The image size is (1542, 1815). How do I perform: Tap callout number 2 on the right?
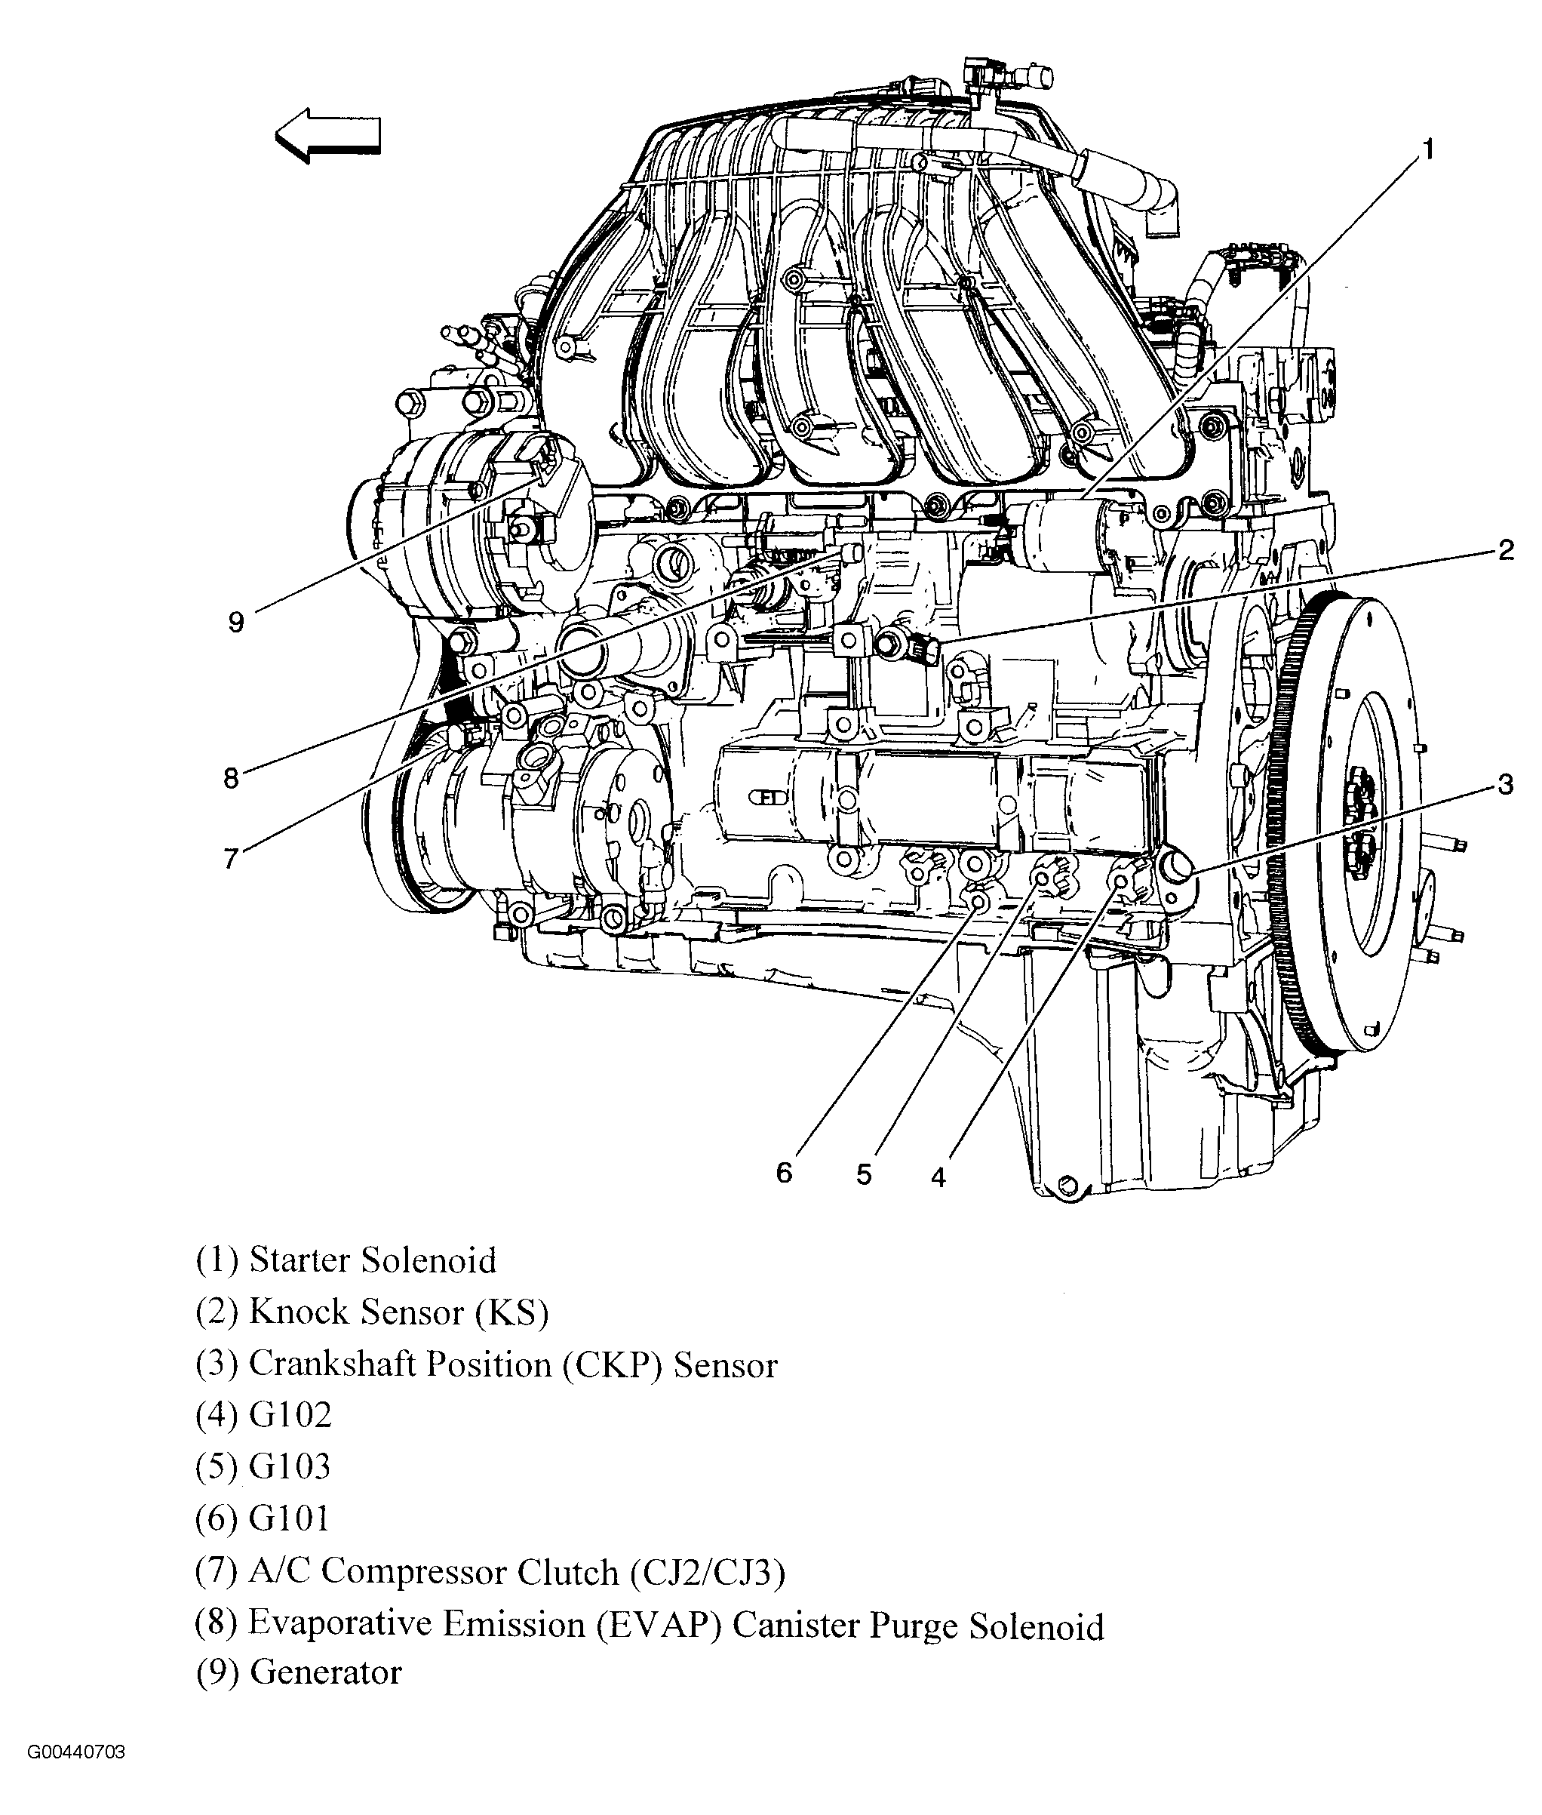[1505, 551]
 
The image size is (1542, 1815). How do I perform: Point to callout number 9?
[236, 623]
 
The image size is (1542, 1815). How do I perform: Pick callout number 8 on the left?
[231, 777]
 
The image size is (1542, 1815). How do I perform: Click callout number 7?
[231, 859]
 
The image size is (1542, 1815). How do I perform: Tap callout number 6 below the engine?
[784, 1174]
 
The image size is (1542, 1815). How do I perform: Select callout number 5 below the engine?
[864, 1175]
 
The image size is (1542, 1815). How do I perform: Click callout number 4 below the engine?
[938, 1177]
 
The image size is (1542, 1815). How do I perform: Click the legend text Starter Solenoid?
[373, 1260]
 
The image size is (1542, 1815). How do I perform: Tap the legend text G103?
[290, 1466]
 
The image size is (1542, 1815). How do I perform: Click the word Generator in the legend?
[325, 1672]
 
